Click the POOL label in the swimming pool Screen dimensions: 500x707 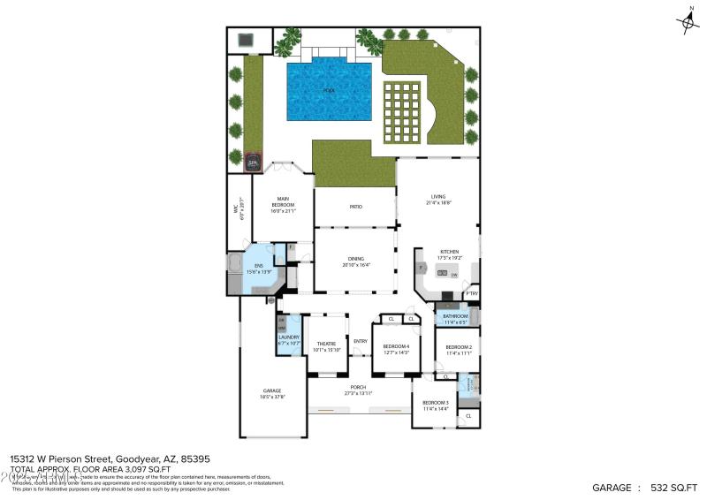point(328,90)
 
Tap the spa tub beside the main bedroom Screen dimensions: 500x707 point(253,163)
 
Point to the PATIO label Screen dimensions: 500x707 point(355,207)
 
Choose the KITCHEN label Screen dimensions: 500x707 point(450,252)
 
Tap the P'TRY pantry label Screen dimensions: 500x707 point(473,294)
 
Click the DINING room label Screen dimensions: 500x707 point(355,259)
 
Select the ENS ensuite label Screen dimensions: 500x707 point(258,266)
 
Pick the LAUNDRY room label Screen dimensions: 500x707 point(289,337)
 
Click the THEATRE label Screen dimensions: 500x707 point(327,344)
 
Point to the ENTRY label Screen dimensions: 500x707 point(361,341)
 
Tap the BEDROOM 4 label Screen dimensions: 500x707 point(395,346)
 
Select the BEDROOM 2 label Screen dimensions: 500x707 point(458,347)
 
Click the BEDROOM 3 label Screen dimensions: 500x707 point(436,403)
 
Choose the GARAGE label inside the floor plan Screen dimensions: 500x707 point(271,390)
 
